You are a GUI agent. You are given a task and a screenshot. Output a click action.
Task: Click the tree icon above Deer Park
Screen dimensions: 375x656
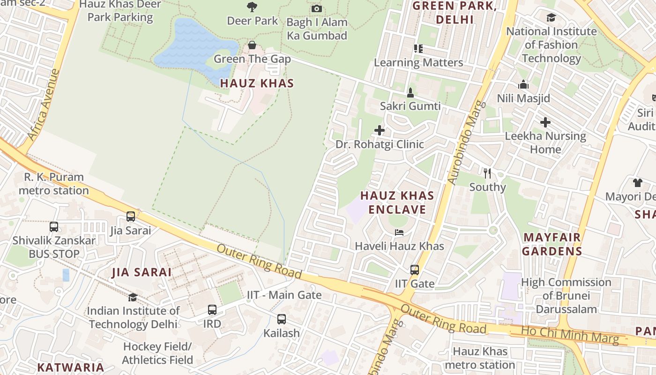252,7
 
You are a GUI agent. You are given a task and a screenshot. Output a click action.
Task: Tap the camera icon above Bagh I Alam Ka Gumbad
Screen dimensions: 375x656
317,8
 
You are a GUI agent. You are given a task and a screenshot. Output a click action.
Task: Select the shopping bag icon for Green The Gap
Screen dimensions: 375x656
252,45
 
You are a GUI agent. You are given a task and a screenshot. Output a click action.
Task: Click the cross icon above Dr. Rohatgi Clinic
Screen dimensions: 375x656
380,130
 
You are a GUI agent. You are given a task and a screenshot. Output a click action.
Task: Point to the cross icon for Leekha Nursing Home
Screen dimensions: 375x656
545,122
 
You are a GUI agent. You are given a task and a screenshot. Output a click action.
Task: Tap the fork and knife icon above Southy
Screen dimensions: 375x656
487,173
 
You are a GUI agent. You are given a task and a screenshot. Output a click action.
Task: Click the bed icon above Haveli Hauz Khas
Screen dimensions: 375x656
399,232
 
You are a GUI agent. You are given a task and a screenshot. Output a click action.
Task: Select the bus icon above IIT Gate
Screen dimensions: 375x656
415,270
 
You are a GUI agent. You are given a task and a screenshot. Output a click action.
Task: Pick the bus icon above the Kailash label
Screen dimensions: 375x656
281,319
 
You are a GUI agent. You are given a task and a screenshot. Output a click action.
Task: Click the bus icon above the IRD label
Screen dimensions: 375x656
212,310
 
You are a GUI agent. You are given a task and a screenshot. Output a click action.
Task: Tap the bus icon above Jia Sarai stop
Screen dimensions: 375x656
131,217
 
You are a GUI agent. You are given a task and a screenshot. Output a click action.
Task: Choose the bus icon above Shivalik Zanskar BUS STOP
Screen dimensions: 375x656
54,227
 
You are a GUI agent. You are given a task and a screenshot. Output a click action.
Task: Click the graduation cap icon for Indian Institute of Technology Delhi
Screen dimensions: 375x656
133,297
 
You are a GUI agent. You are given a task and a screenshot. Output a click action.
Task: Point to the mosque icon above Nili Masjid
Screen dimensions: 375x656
523,85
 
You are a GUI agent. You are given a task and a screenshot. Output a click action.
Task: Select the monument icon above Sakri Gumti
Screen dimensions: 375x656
410,92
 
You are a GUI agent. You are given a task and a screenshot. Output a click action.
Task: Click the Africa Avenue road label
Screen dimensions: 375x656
44,105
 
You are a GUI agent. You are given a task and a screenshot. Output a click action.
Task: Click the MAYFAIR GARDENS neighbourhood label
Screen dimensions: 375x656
552,244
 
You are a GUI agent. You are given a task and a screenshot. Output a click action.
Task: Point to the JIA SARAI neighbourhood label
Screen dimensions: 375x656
142,272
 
